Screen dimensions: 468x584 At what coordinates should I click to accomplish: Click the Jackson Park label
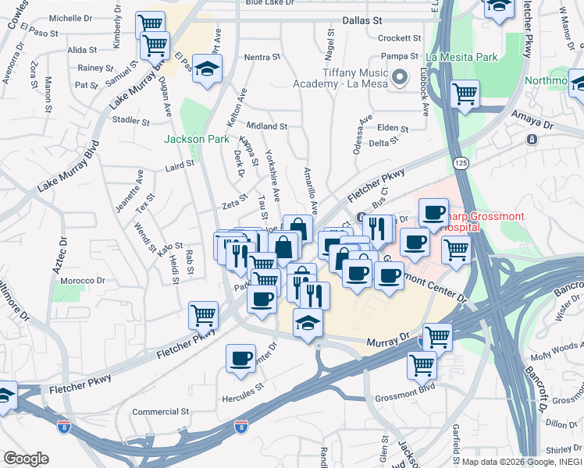[196, 139]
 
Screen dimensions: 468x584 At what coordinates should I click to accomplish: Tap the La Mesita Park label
[462, 57]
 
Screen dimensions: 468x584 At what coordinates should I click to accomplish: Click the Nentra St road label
[262, 57]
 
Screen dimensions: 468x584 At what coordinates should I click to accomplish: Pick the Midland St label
[267, 126]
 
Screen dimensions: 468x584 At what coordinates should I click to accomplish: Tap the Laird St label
[179, 165]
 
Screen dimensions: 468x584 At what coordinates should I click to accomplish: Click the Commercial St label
[161, 411]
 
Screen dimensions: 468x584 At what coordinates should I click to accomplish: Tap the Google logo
[26, 459]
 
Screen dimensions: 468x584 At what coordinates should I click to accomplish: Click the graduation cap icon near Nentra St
[208, 69]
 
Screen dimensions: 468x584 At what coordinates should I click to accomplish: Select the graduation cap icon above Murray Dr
[308, 323]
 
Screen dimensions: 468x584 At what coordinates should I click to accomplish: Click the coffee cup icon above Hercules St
[240, 359]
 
